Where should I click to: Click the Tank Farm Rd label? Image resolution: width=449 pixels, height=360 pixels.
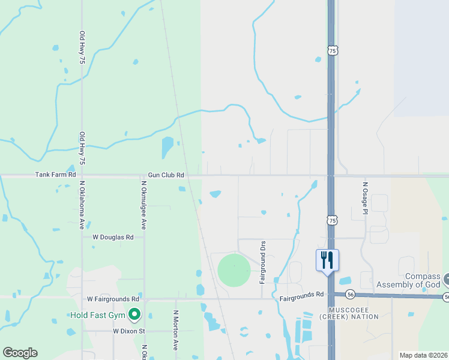tap(56, 175)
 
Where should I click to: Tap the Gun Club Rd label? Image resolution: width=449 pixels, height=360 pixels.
tap(166, 175)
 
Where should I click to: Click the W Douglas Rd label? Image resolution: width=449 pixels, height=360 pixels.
tap(113, 237)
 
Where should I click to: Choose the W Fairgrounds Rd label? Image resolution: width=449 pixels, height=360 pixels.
tap(113, 298)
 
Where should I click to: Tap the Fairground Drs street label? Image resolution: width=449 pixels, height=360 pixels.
tap(262, 262)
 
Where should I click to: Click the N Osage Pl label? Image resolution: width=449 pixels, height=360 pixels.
tap(364, 198)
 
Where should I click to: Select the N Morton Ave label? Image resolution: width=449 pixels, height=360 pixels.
tap(176, 331)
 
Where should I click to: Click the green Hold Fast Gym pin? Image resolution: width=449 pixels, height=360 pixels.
tap(135, 313)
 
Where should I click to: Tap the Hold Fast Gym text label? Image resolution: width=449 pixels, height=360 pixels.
tap(98, 314)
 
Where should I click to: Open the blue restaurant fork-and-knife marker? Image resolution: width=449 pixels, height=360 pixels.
tap(327, 260)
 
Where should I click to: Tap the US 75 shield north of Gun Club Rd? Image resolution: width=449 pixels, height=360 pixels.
tap(333, 51)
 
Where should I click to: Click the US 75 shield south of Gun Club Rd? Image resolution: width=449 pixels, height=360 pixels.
tap(333, 221)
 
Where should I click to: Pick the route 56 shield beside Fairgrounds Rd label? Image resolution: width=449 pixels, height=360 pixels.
tap(351, 295)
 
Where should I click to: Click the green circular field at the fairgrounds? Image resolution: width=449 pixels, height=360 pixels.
tap(234, 271)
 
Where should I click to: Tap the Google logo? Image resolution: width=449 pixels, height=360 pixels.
tap(20, 353)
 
